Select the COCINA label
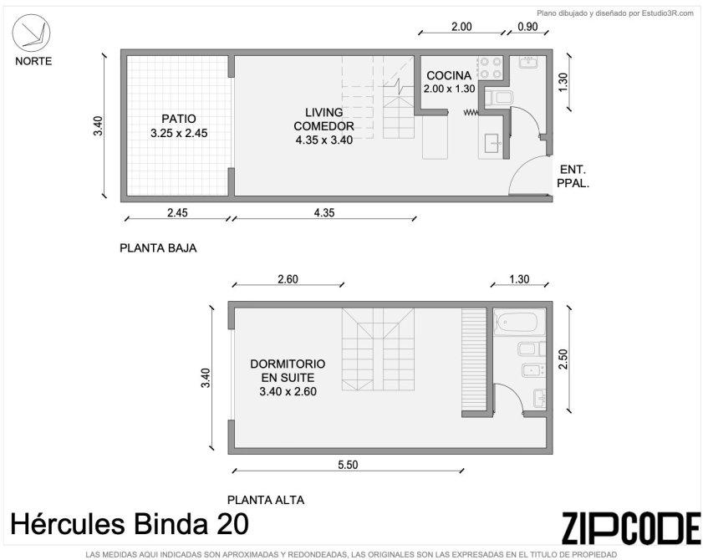click(x=449, y=75)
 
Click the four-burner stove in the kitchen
click(x=491, y=69)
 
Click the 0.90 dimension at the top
click(x=527, y=27)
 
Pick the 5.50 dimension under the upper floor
click(x=348, y=465)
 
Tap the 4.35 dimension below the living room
click(x=323, y=212)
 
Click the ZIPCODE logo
click(x=631, y=528)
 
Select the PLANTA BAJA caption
click(x=158, y=248)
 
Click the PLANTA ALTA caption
click(x=266, y=500)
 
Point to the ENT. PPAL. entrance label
click(x=573, y=176)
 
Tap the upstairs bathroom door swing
click(x=514, y=392)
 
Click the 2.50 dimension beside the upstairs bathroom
click(x=563, y=359)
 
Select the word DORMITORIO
click(x=288, y=364)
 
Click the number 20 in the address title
click(x=232, y=524)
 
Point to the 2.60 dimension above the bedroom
click(x=288, y=279)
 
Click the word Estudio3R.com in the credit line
click(x=668, y=13)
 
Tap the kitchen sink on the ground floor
click(x=492, y=143)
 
